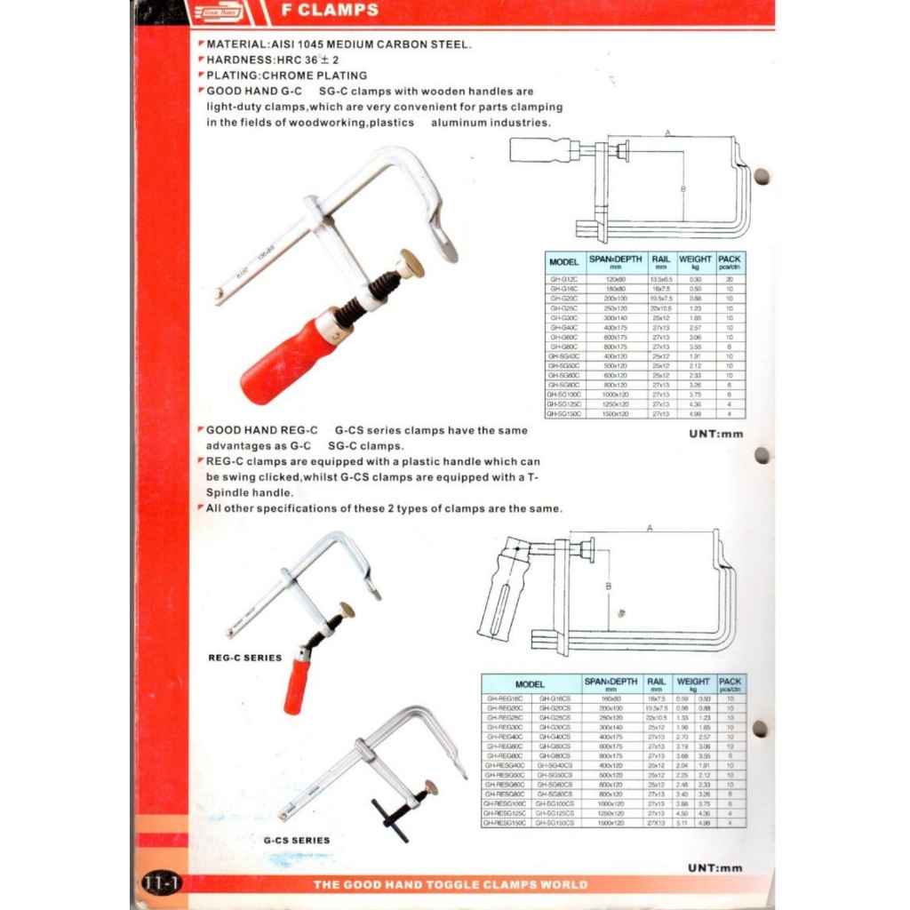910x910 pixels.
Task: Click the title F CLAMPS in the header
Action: pyautogui.click(x=329, y=12)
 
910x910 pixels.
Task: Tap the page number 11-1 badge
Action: pyautogui.click(x=161, y=883)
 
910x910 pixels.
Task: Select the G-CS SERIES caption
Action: pyautogui.click(x=296, y=840)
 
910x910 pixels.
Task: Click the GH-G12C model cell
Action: pyautogui.click(x=564, y=279)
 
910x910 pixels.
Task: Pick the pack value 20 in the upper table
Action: pyautogui.click(x=729, y=279)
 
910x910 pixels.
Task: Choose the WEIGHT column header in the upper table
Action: pyautogui.click(x=695, y=262)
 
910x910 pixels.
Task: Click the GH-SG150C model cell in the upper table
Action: pyautogui.click(x=564, y=413)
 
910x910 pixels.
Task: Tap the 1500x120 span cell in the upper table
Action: pyautogui.click(x=610, y=413)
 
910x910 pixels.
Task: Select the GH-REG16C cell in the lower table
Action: pyautogui.click(x=505, y=698)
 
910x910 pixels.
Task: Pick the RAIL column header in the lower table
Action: pyautogui.click(x=656, y=684)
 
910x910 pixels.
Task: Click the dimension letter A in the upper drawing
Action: pyautogui.click(x=667, y=133)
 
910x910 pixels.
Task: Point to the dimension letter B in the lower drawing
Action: pyautogui.click(x=608, y=586)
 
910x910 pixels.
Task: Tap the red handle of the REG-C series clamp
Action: pyautogui.click(x=296, y=684)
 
